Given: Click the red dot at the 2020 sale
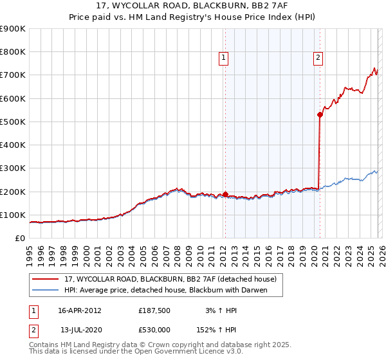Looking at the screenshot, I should [x=320, y=115].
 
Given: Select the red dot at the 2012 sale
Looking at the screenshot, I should [x=225, y=194].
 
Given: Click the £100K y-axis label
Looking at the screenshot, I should [x=13, y=215].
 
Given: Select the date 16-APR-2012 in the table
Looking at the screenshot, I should [x=80, y=310].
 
